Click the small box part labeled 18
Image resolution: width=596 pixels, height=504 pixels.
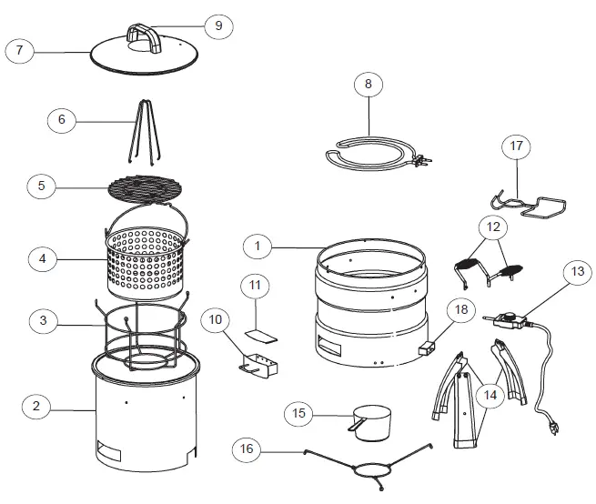click(x=426, y=348)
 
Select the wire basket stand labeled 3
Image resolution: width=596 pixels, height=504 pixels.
click(x=144, y=341)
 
